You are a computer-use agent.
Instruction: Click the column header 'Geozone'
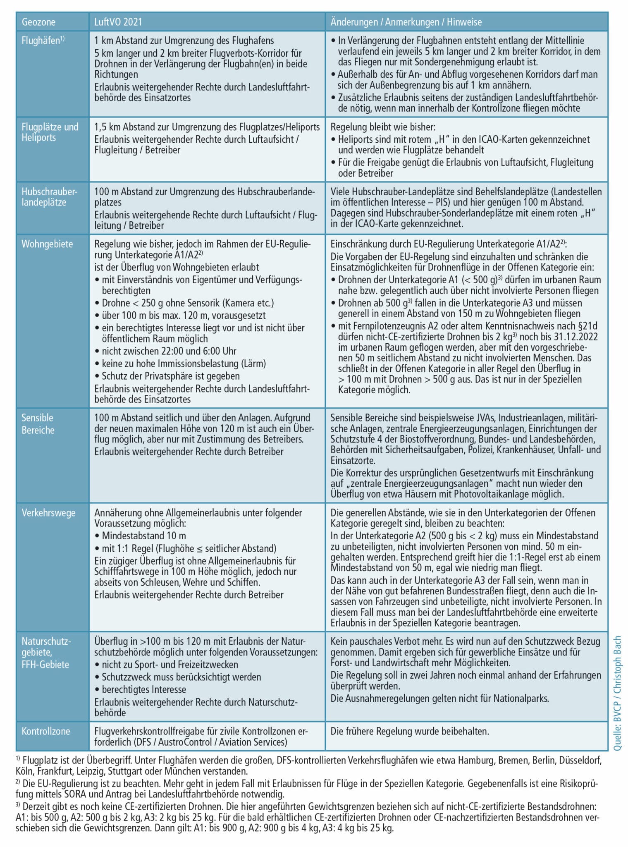(38, 22)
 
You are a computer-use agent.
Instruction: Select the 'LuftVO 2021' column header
(118, 22)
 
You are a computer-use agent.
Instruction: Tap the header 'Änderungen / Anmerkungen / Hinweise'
(406, 22)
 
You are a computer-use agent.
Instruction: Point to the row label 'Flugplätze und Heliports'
(50, 132)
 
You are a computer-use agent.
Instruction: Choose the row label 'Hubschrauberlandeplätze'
(49, 197)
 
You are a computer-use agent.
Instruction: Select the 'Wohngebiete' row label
(47, 244)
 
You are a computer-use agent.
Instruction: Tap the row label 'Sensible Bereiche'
(38, 424)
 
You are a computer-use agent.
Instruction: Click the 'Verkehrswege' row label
(48, 513)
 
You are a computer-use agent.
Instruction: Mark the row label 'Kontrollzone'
(46, 731)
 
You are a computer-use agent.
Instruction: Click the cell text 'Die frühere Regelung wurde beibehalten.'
(409, 731)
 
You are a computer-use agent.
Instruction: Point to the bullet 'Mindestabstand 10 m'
(143, 536)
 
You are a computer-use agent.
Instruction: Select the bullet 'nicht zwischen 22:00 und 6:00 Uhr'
(169, 351)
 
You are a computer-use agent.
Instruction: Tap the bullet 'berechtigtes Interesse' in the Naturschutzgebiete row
(143, 689)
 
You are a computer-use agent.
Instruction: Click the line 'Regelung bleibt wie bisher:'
(383, 127)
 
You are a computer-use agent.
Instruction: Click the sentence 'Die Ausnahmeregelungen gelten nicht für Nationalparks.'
(439, 699)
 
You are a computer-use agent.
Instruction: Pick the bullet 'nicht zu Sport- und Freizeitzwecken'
(170, 665)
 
